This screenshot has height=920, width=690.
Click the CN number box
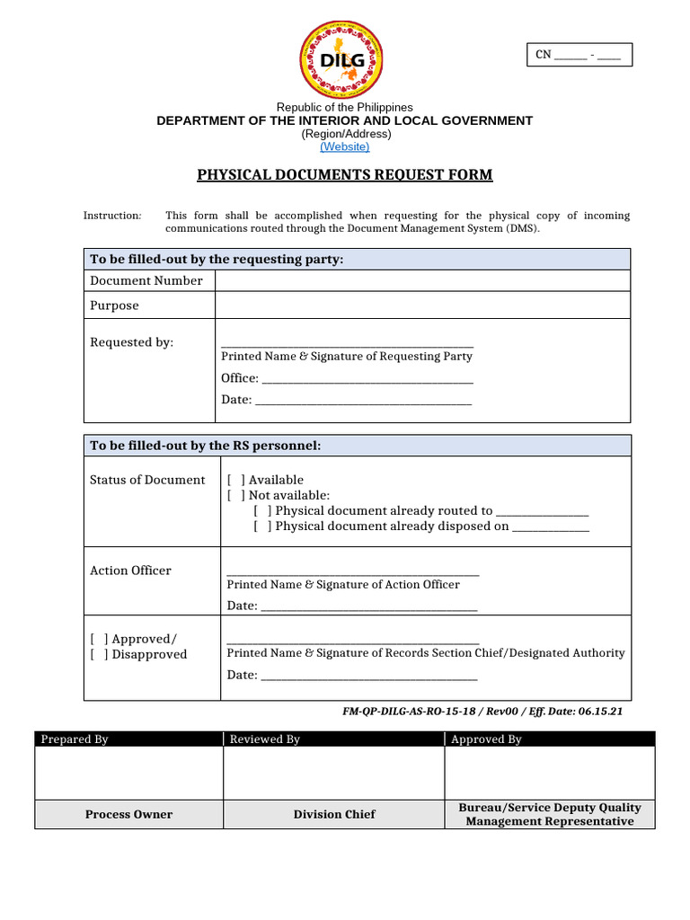pos(579,55)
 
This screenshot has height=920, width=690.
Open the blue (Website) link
pos(344,146)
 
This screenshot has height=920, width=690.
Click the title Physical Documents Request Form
pos(345,174)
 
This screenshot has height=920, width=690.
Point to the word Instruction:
pos(112,216)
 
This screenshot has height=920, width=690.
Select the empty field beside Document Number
pos(422,280)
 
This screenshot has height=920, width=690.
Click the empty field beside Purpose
pos(422,305)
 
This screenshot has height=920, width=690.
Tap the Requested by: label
pos(131,342)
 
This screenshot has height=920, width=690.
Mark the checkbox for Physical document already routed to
pos(262,510)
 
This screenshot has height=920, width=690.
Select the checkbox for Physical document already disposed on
pos(262,526)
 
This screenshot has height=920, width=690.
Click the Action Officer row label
pos(130,571)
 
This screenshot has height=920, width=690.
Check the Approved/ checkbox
pos(99,639)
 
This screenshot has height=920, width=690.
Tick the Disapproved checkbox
pos(99,654)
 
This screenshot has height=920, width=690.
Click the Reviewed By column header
pos(265,739)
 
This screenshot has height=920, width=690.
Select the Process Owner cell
pos(128,814)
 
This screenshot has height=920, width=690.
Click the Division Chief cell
pos(334,814)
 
